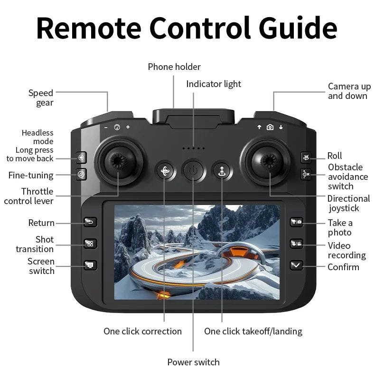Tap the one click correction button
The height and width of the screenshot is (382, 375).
[165, 171]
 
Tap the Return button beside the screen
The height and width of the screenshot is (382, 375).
[90, 222]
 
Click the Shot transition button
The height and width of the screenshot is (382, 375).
[90, 244]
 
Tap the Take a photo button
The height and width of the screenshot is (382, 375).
[296, 222]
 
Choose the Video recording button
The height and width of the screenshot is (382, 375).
[296, 244]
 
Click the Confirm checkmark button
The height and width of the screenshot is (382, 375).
[296, 265]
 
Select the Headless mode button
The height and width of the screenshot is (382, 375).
[82, 157]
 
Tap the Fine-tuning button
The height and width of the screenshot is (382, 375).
[82, 175]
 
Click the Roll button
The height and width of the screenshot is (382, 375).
[306, 157]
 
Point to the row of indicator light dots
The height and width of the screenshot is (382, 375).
[193, 148]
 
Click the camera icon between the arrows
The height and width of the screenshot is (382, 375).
[270, 127]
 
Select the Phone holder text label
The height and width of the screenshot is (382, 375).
[174, 67]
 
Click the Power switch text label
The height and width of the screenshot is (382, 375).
[193, 362]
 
